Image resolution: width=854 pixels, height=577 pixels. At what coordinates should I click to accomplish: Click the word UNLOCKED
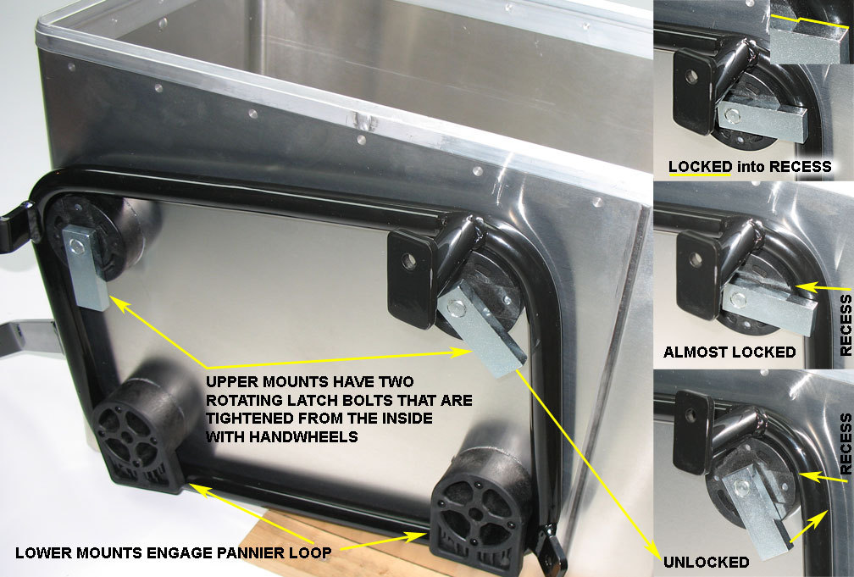click(x=706, y=563)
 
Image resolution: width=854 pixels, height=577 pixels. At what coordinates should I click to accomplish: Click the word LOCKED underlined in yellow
click(x=700, y=167)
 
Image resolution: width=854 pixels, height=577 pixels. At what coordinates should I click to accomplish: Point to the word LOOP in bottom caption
click(x=311, y=552)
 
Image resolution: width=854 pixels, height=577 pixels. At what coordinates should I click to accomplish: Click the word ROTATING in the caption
click(x=244, y=401)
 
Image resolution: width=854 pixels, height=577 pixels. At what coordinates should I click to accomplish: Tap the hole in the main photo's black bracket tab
click(x=409, y=261)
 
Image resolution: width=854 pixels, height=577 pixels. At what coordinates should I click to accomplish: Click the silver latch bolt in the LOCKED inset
click(x=762, y=119)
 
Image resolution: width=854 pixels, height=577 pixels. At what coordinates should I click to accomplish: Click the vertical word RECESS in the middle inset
click(x=846, y=325)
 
